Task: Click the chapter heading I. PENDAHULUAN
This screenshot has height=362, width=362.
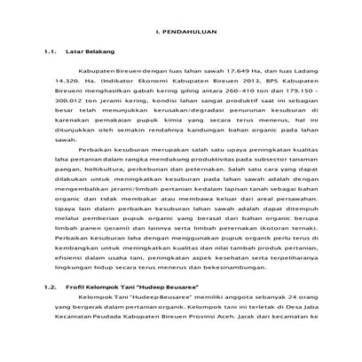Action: [x=181, y=32]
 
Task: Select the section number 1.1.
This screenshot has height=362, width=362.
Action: [x=50, y=54]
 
